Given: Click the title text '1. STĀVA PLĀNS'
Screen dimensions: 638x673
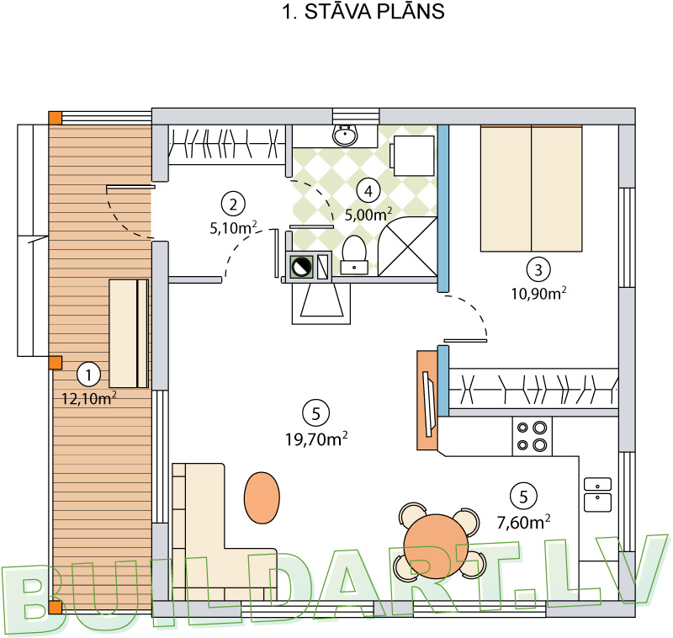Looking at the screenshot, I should (360, 13).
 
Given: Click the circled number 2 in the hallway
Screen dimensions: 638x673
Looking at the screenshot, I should (232, 203).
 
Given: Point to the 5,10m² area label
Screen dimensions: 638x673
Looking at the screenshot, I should (233, 226).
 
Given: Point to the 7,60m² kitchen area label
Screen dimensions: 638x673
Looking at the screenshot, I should (523, 522).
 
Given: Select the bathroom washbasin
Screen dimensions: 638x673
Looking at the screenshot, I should (344, 134).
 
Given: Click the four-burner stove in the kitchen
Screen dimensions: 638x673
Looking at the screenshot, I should (533, 434).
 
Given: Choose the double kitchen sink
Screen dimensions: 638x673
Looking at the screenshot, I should (597, 494).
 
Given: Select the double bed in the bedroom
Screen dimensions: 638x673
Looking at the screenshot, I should (532, 189).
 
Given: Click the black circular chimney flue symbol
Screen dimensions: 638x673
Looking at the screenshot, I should (300, 267).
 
